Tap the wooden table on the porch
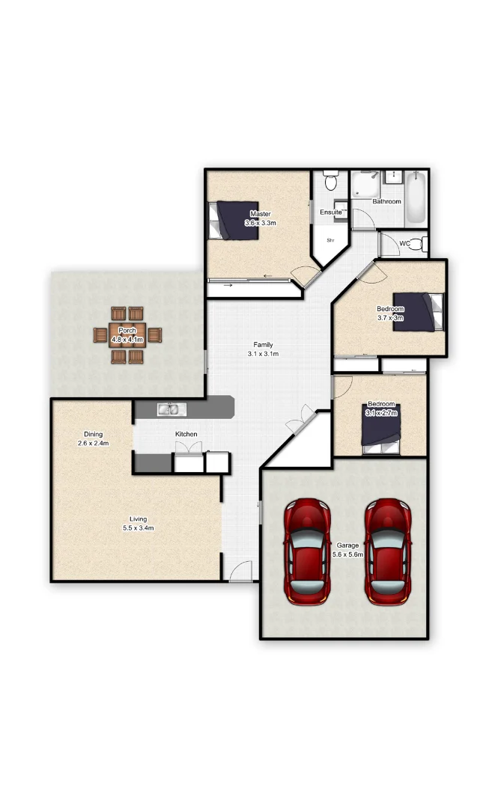pyautogui.click(x=127, y=335)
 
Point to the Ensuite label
pyautogui.click(x=330, y=212)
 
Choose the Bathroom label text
pyautogui.click(x=386, y=201)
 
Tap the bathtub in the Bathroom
pyautogui.click(x=416, y=200)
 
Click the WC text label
pyautogui.click(x=404, y=244)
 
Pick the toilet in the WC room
pyautogui.click(x=421, y=244)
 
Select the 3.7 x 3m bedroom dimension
pyautogui.click(x=390, y=318)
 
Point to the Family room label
pyautogui.click(x=263, y=345)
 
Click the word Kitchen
pyautogui.click(x=186, y=434)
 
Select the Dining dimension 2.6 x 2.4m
pyautogui.click(x=93, y=444)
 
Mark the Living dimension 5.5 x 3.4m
pyautogui.click(x=138, y=528)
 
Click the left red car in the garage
pyautogui.click(x=307, y=552)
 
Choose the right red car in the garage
pyautogui.click(x=388, y=552)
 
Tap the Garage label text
pyautogui.click(x=347, y=545)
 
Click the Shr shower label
pyautogui.click(x=329, y=240)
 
